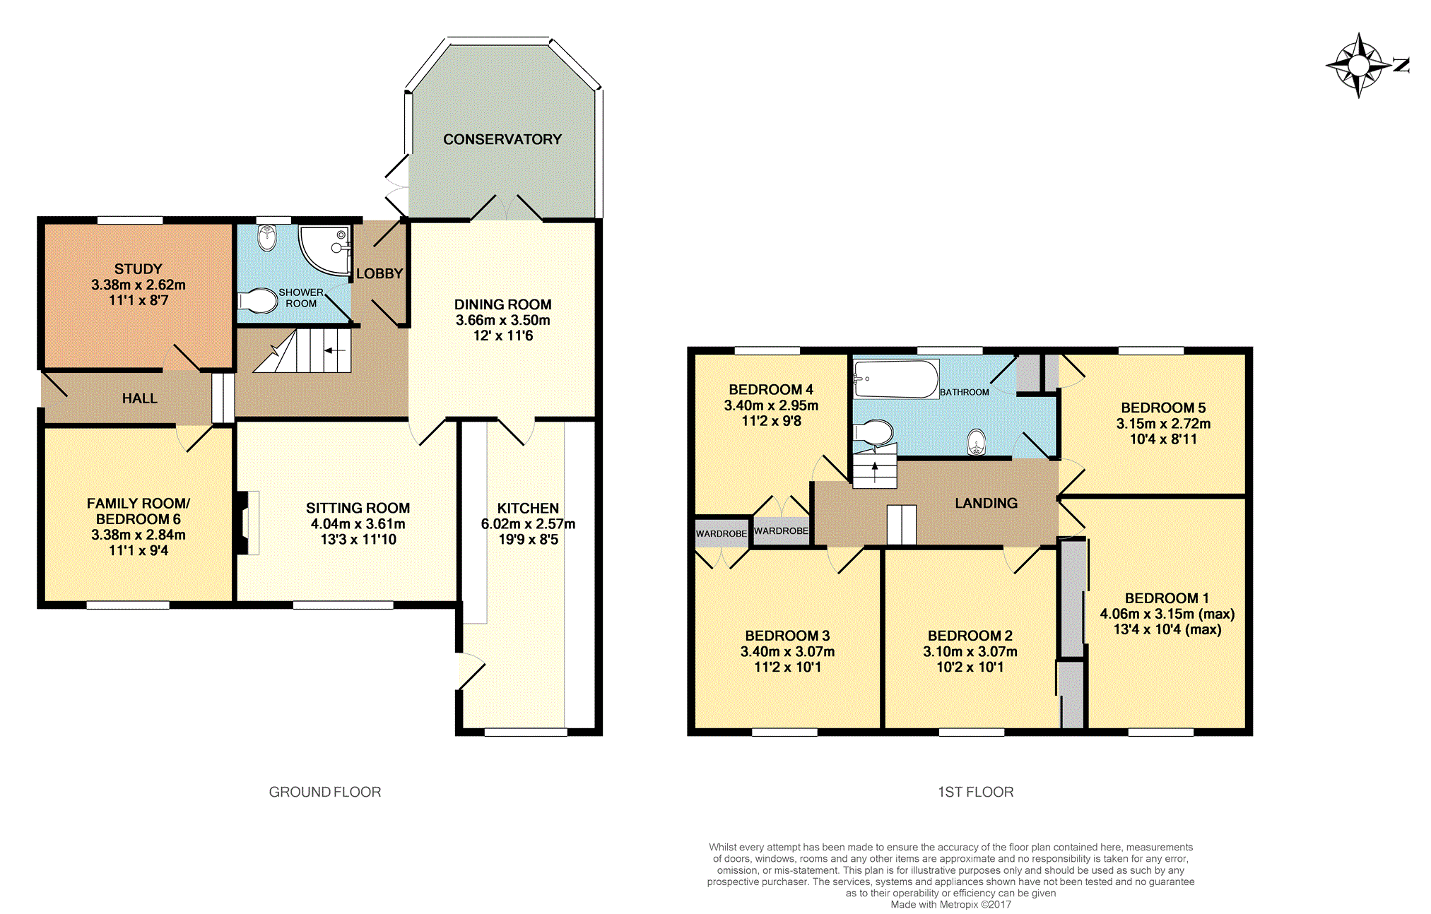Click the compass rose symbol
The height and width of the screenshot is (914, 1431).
tap(1358, 66)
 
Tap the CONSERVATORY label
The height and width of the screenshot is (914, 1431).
tap(502, 139)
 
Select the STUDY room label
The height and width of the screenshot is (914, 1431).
tap(139, 269)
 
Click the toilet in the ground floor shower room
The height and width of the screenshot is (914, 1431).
tap(257, 301)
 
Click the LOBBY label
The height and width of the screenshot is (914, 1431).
tap(379, 273)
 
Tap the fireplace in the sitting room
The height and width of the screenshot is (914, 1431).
tap(247, 523)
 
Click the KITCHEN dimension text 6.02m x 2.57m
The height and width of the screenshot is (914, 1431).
tap(528, 524)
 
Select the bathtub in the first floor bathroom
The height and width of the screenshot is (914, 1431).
tap(896, 379)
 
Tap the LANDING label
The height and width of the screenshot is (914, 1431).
tap(986, 503)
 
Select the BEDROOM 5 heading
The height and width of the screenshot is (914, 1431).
tap(1163, 408)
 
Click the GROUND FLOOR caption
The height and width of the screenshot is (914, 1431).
tap(325, 792)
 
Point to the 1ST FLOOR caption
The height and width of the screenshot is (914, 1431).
tap(976, 792)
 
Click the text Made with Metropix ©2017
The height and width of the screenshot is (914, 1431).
tap(950, 904)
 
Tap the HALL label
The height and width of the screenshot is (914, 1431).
tap(140, 398)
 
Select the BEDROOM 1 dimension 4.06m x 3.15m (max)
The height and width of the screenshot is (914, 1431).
tap(1167, 614)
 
